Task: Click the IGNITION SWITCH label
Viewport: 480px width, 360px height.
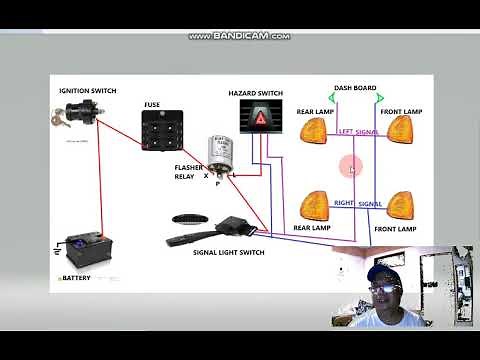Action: pyautogui.click(x=87, y=91)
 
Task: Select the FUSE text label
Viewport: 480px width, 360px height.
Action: pyautogui.click(x=152, y=104)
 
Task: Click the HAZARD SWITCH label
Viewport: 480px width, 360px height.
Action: pyautogui.click(x=255, y=93)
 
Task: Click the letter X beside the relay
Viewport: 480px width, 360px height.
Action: pyautogui.click(x=206, y=175)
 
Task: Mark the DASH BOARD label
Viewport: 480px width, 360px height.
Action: pyautogui.click(x=354, y=88)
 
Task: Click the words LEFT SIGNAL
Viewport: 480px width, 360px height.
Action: pyautogui.click(x=358, y=131)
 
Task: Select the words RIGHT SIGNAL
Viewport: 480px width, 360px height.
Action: pyautogui.click(x=357, y=203)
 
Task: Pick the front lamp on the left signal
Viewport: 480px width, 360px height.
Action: pyautogui.click(x=401, y=129)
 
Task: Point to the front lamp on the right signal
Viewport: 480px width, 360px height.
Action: pyautogui.click(x=401, y=204)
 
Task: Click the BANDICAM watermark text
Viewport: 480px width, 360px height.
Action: pyautogui.click(x=240, y=36)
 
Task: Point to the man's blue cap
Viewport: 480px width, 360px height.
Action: pyautogui.click(x=384, y=273)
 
